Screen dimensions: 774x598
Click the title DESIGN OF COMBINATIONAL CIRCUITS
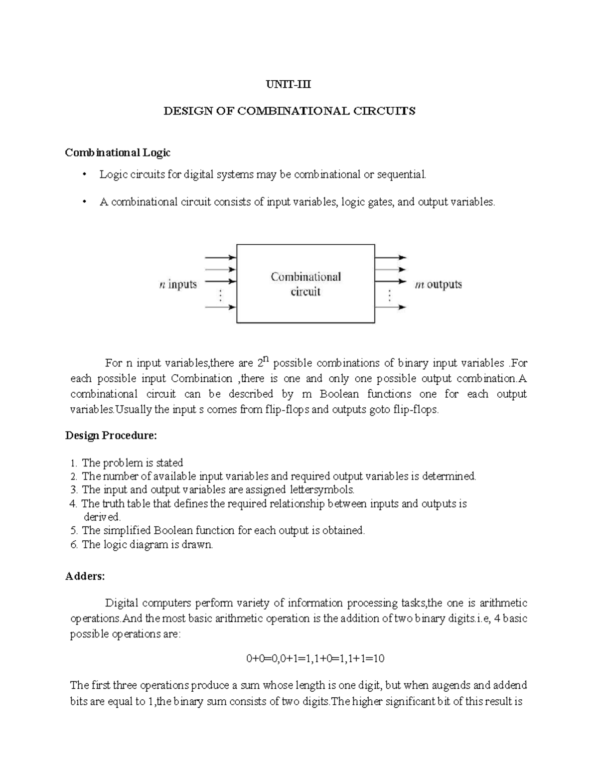pyautogui.click(x=290, y=111)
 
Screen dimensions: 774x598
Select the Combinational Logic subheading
pyautogui.click(x=118, y=153)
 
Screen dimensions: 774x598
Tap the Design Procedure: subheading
pyautogui.click(x=111, y=436)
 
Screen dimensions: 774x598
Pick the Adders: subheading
pyautogui.click(x=85, y=576)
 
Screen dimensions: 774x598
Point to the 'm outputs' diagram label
pyautogui.click(x=438, y=285)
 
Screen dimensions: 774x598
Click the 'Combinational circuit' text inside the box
pyautogui.click(x=305, y=284)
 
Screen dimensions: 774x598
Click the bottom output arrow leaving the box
pyautogui.click(x=391, y=308)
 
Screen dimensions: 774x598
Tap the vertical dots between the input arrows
pyautogui.click(x=220, y=296)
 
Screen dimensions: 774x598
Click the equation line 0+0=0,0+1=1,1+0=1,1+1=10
pyautogui.click(x=315, y=658)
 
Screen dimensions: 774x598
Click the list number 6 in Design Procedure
pyautogui.click(x=74, y=544)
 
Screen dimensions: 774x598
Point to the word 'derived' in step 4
pyautogui.click(x=102, y=517)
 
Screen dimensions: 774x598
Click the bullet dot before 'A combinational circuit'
pyautogui.click(x=85, y=201)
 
